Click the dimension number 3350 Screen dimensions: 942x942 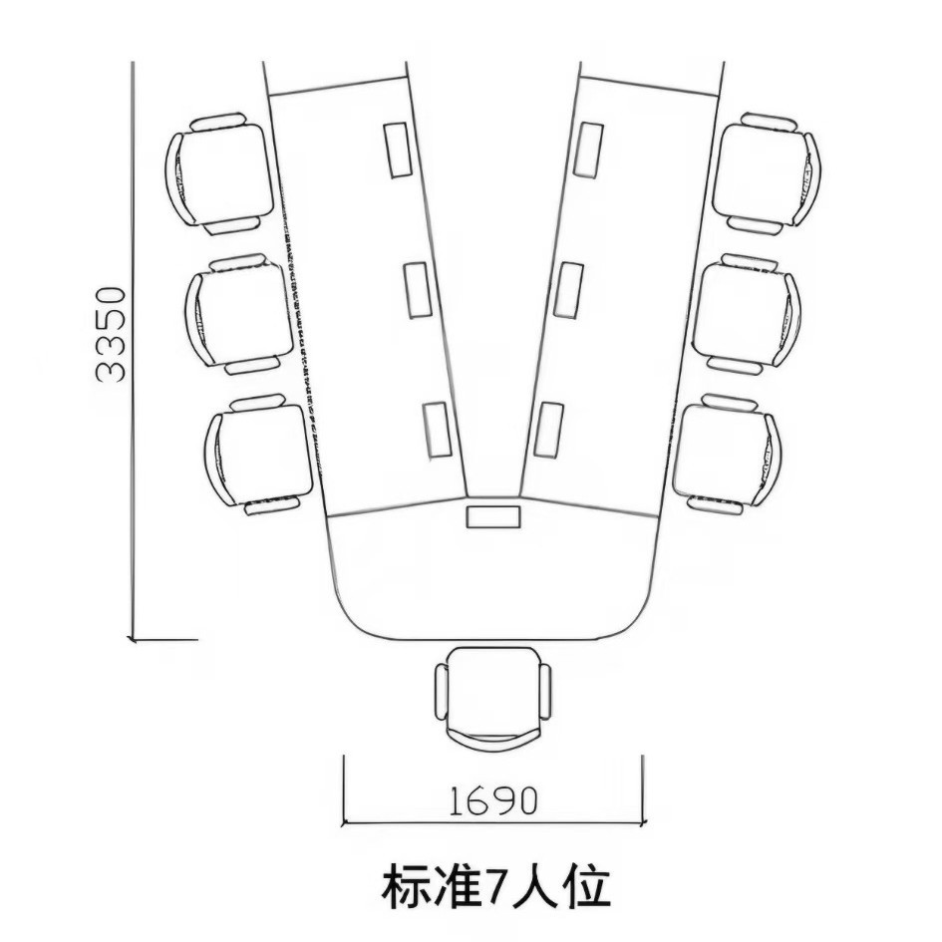[111, 335]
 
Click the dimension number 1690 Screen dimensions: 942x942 [492, 799]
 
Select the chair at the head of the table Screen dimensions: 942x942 [492, 695]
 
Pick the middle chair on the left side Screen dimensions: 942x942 [239, 313]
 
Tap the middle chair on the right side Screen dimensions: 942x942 [747, 313]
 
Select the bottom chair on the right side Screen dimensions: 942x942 [727, 454]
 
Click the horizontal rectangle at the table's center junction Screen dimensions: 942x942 [493, 517]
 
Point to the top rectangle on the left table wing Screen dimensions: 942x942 [398, 150]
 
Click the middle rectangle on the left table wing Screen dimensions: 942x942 [418, 289]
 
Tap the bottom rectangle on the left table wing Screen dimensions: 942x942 [437, 430]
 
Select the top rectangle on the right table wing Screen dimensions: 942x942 [590, 150]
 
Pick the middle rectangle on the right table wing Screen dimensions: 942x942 [568, 289]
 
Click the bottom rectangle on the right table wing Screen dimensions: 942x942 [547, 430]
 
